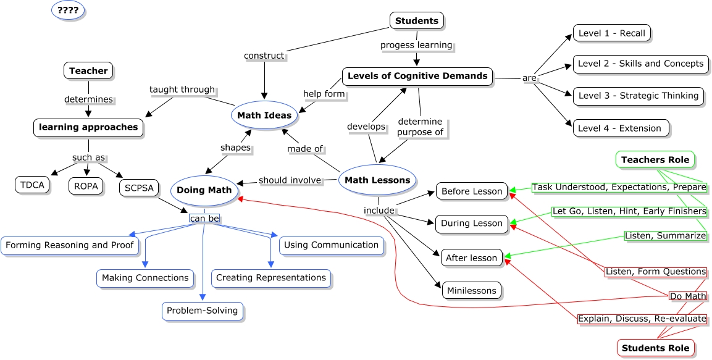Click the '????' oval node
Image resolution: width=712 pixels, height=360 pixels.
tap(68, 10)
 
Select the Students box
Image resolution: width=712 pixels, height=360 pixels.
tap(417, 20)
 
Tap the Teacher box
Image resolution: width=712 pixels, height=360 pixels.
tap(88, 71)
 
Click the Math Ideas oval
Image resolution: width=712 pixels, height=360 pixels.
tap(265, 115)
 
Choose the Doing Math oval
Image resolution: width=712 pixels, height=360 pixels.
tap(204, 190)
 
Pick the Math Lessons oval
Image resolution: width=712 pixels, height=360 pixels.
tap(377, 180)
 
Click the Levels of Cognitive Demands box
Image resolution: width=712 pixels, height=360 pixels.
tap(417, 77)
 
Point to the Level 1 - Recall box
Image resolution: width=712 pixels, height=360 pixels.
tap(611, 33)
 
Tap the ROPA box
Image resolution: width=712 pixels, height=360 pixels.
tap(86, 185)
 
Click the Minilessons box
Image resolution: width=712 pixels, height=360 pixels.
tap(469, 290)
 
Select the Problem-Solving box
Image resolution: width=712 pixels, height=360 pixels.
tap(203, 311)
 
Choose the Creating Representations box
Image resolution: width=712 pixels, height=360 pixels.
tap(271, 278)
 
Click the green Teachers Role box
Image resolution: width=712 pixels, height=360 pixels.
tap(655, 160)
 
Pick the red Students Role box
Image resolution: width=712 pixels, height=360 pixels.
tap(655, 348)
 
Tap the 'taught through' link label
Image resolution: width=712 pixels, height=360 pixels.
tap(182, 90)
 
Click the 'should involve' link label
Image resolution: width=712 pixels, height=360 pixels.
tap(290, 180)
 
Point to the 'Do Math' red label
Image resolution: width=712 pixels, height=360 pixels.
tap(688, 296)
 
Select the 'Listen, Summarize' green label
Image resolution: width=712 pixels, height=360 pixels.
tap(665, 236)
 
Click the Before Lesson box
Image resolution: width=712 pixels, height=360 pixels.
tap(472, 191)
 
